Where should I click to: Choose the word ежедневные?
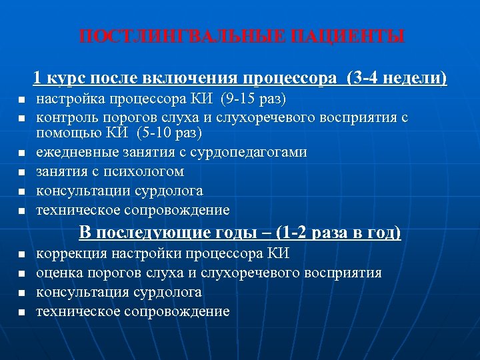point(73,152)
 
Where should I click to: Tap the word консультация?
point(75,292)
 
